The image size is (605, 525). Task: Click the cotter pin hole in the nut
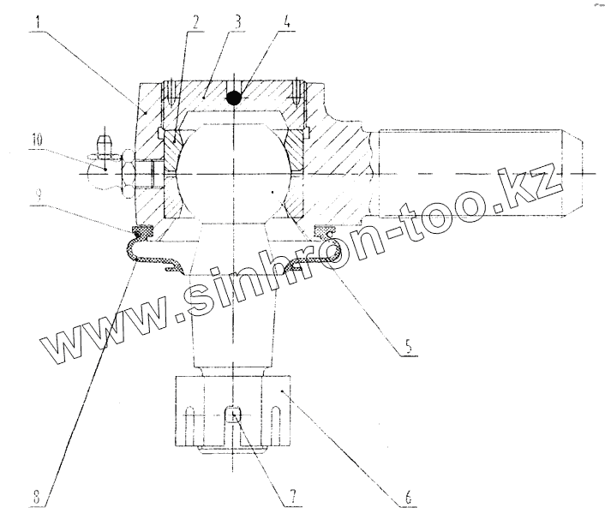[x=231, y=417]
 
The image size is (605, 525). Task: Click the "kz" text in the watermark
[x=540, y=181]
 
